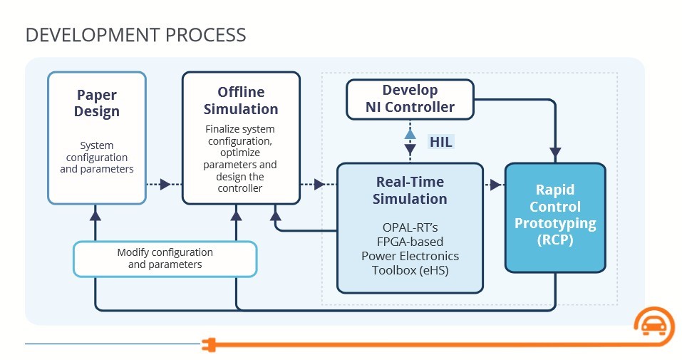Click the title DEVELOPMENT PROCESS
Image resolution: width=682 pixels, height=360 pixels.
(x=135, y=35)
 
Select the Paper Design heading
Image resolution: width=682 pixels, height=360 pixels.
(x=96, y=103)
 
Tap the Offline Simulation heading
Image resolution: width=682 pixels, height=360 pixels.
(x=241, y=100)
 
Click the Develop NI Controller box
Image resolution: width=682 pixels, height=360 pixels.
(x=410, y=99)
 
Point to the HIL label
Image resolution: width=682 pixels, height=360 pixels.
(x=440, y=141)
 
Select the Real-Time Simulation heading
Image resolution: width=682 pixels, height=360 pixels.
(x=410, y=190)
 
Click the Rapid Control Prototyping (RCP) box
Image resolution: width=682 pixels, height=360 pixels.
(x=555, y=217)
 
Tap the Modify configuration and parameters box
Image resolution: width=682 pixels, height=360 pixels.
(x=165, y=259)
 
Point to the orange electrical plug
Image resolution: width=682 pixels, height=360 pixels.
(x=210, y=345)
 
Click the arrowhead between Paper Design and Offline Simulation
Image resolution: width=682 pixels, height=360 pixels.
(x=165, y=184)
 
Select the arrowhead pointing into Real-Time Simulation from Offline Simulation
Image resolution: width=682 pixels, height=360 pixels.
(x=319, y=184)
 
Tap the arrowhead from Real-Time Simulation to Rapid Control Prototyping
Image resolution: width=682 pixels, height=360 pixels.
(x=495, y=185)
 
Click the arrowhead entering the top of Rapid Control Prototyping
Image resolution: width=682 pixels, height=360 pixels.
(x=555, y=153)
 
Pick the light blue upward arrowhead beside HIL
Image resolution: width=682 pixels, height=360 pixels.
(x=410, y=133)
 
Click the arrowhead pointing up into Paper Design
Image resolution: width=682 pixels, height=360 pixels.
(x=95, y=215)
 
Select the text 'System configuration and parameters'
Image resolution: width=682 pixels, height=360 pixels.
(x=96, y=157)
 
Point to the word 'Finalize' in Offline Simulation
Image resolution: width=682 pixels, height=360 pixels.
(x=221, y=129)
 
